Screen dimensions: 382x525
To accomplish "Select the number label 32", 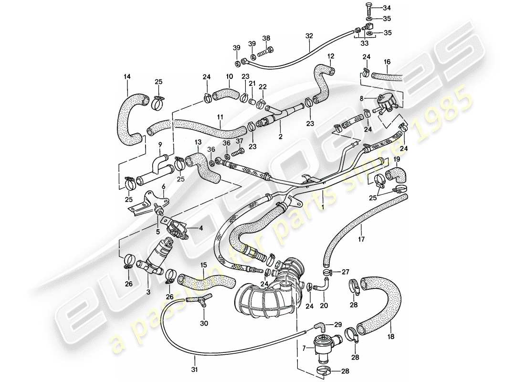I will (x=309, y=36).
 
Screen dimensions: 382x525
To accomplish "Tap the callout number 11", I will (x=220, y=117).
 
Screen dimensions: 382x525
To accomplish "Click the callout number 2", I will (x=281, y=137).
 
